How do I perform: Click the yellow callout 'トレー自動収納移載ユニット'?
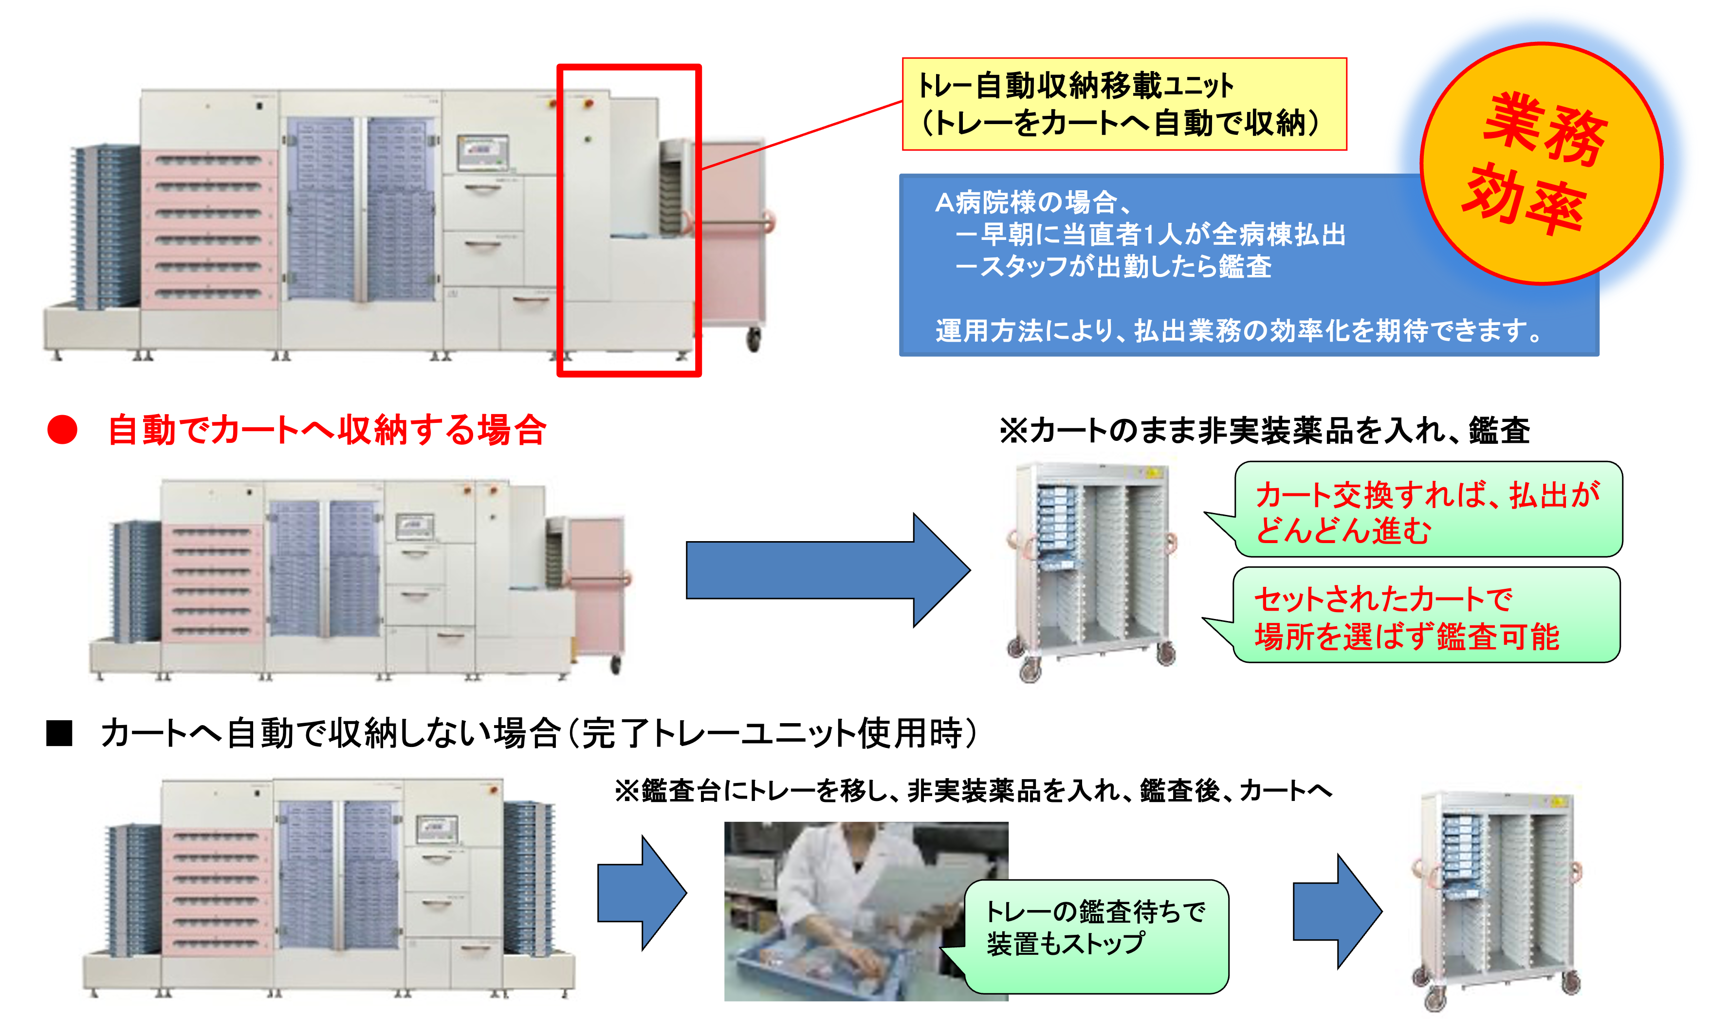click(x=1124, y=104)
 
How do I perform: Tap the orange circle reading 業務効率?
click(x=1541, y=164)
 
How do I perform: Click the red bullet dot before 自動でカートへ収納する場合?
click(x=62, y=430)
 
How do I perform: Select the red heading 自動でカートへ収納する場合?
click(x=327, y=430)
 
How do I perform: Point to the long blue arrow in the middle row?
click(x=824, y=570)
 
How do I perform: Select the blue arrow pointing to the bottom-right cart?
click(x=1336, y=911)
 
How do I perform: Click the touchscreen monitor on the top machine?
click(x=483, y=152)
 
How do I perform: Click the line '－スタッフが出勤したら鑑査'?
click(x=1113, y=266)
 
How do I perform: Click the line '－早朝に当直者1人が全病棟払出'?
click(x=1151, y=235)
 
